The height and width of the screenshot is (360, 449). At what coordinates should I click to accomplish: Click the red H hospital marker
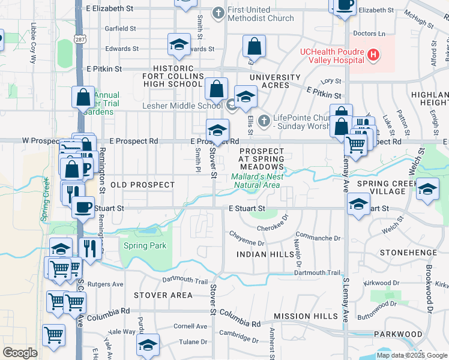[373, 55]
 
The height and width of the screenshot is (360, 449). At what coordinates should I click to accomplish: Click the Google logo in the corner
[20, 353]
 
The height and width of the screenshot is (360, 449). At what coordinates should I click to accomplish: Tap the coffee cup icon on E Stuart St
[83, 207]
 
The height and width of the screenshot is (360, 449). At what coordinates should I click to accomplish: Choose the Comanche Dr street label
[318, 238]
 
